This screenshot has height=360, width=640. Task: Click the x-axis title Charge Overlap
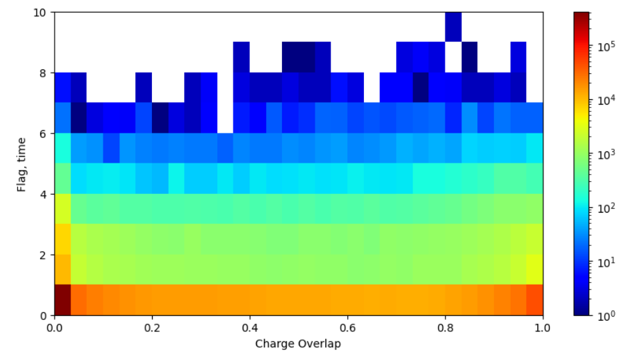(298, 344)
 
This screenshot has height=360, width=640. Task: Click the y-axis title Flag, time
(22, 164)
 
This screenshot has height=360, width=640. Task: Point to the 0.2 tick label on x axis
(152, 328)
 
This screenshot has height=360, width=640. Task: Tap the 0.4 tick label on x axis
(249, 328)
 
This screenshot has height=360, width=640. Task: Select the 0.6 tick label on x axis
(347, 328)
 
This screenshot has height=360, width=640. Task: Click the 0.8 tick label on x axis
(445, 328)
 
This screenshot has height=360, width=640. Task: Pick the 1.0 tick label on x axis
(543, 328)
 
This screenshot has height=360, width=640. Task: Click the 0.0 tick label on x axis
(55, 328)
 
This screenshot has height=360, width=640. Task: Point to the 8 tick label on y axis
(44, 73)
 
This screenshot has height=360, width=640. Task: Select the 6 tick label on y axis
(44, 134)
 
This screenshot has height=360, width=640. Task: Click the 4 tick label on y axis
(44, 195)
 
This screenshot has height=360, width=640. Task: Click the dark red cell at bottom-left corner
(63, 300)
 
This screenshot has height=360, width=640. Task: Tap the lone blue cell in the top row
(453, 27)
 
